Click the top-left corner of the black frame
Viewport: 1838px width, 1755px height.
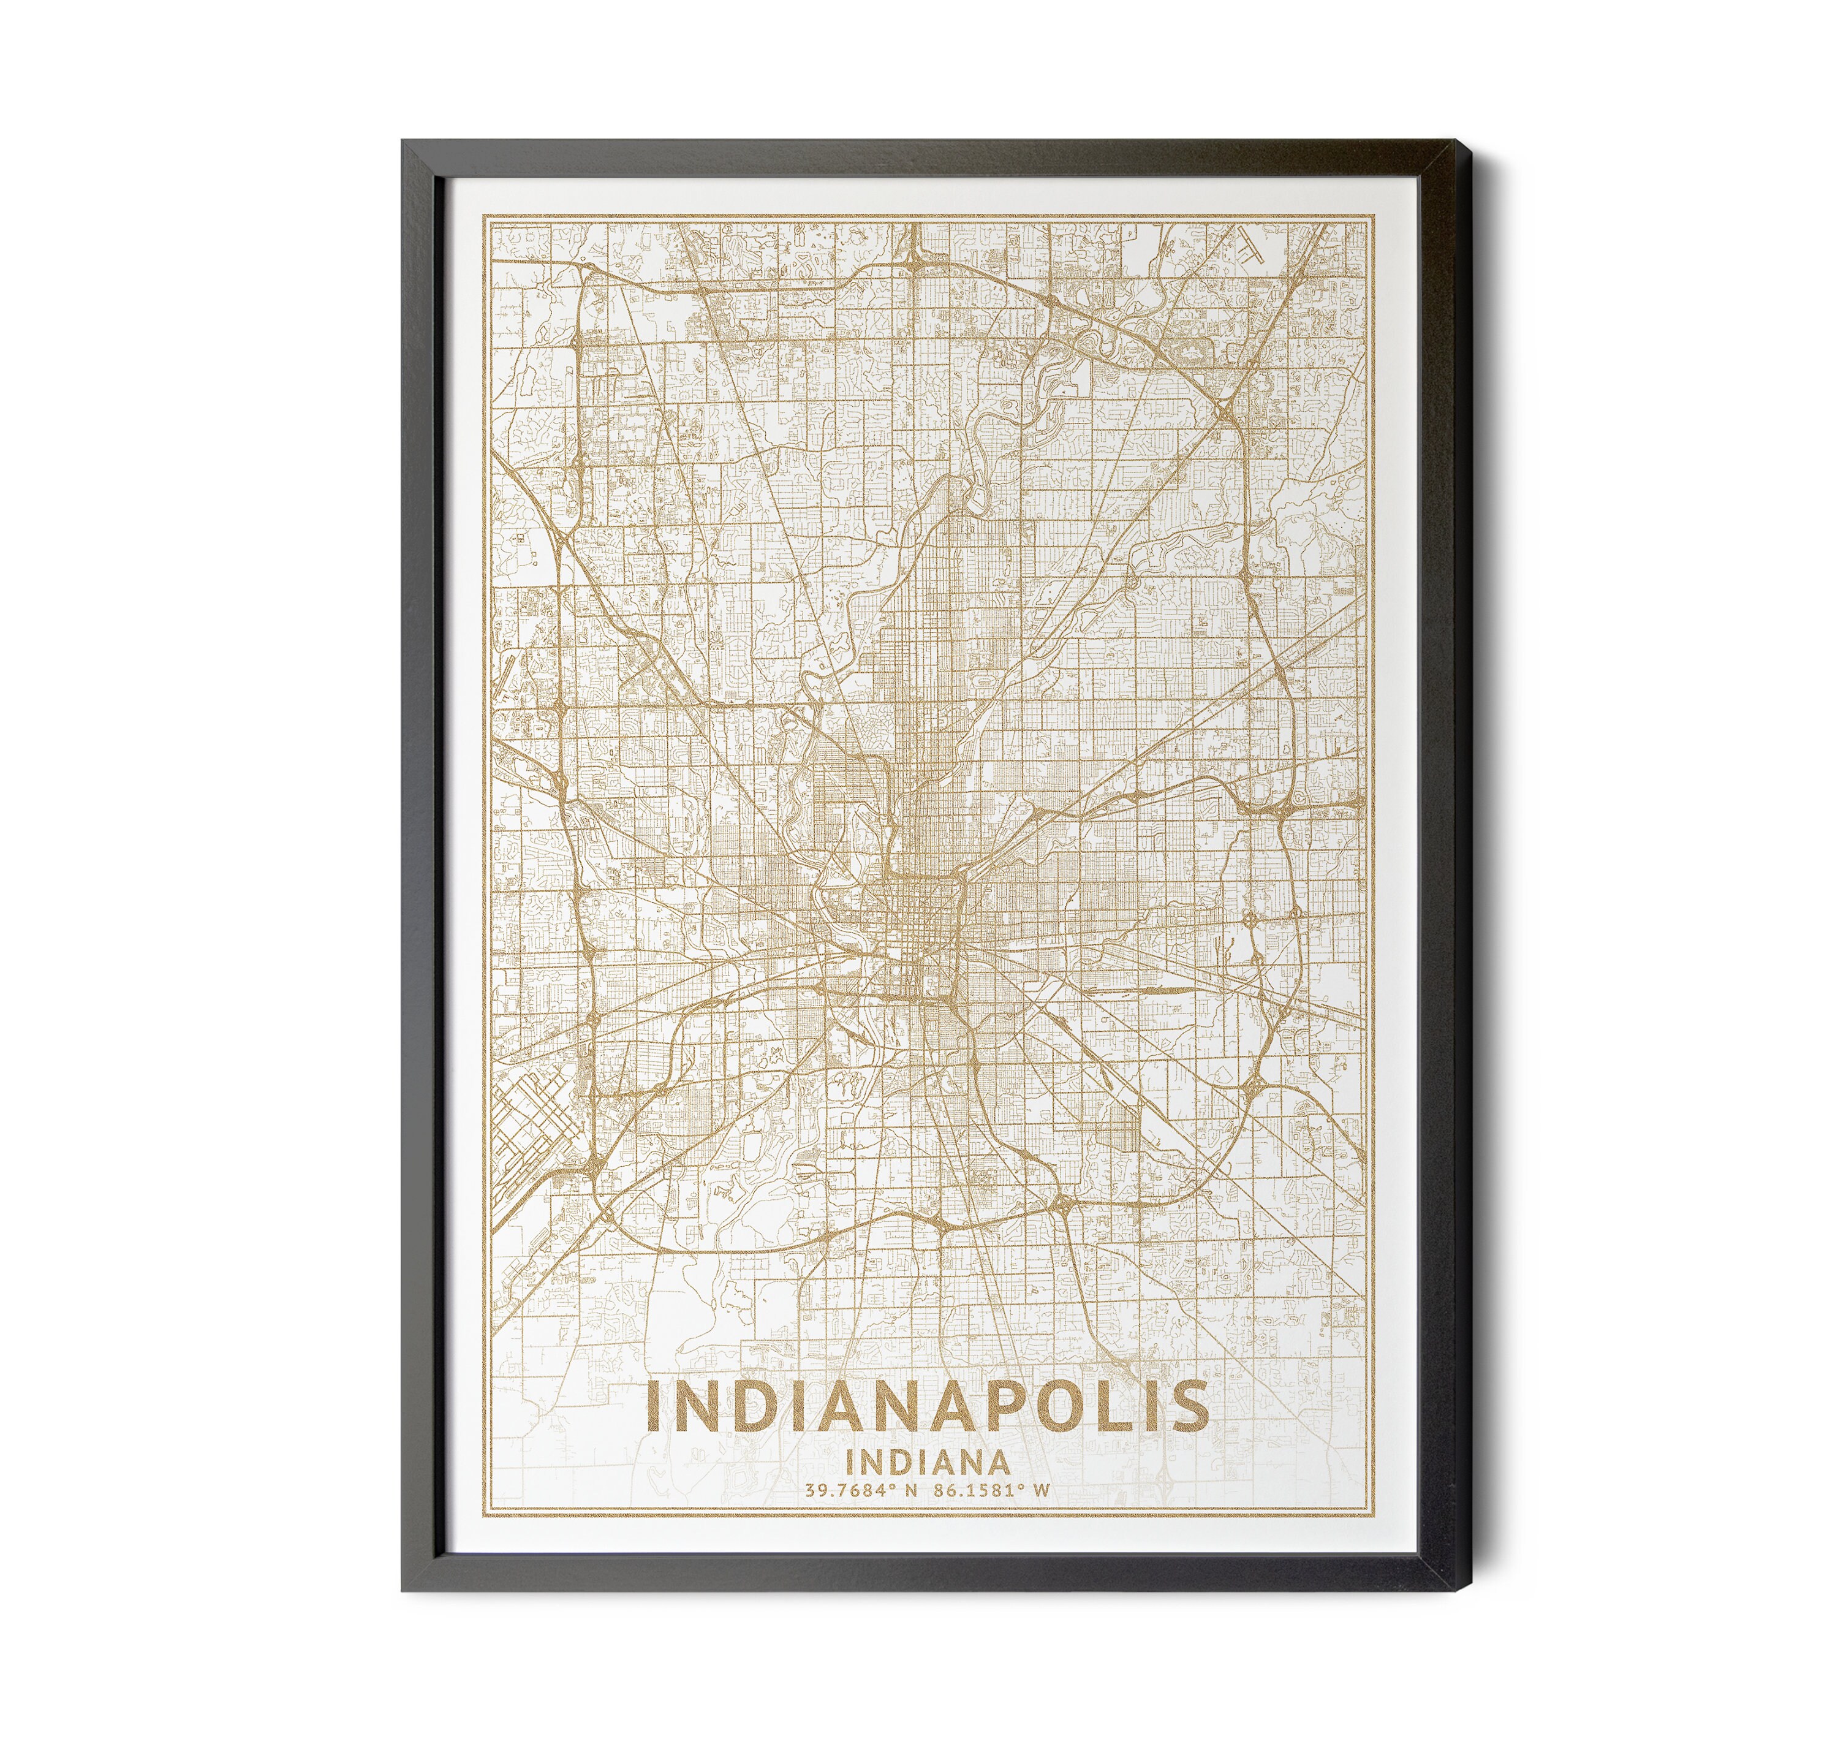click(x=405, y=142)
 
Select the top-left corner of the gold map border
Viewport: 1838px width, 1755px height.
click(x=483, y=216)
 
